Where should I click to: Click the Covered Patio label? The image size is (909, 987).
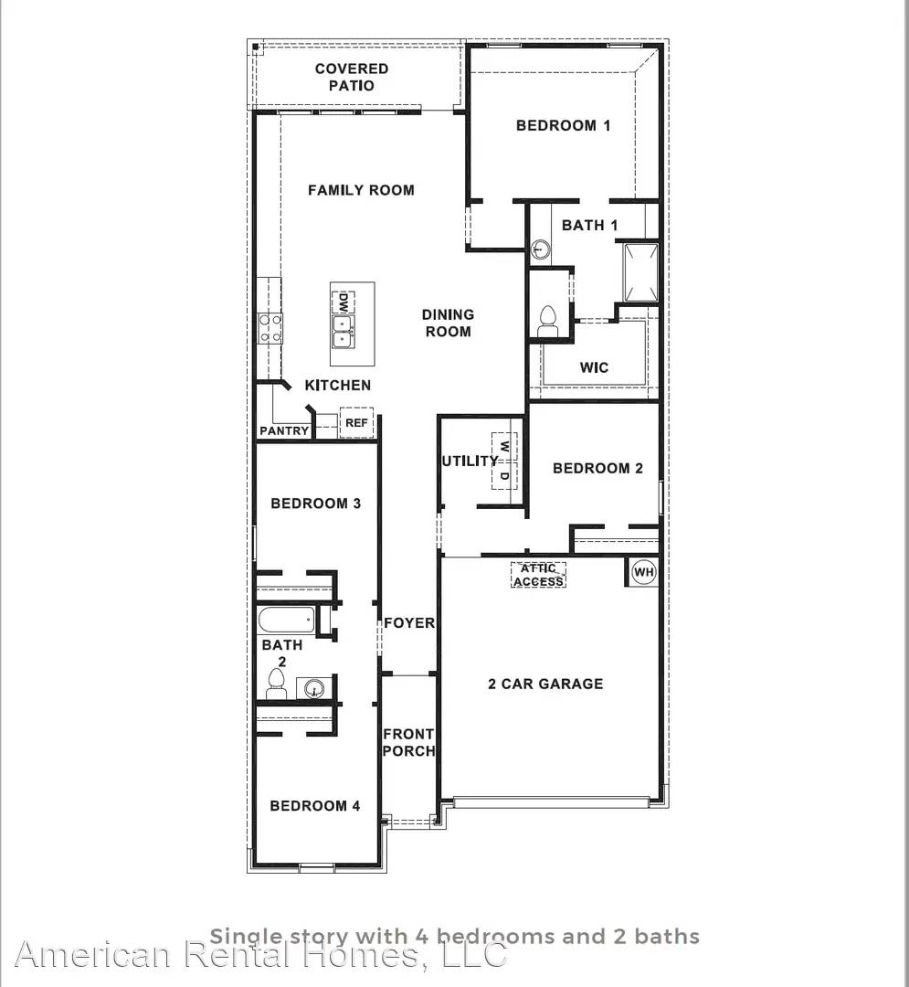tap(352, 77)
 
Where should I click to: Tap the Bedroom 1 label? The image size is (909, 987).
tap(563, 125)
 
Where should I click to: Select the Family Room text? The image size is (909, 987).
tap(361, 190)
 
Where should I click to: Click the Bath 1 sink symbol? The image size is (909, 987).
tap(541, 248)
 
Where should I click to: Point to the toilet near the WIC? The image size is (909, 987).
tap(548, 318)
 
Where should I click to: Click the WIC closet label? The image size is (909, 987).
tap(594, 367)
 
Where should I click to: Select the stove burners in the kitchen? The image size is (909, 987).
tap(270, 327)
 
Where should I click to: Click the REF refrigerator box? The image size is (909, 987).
tap(356, 422)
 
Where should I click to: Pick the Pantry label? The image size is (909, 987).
tap(284, 430)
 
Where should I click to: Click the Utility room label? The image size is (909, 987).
tap(470, 461)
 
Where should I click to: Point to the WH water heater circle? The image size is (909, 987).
tap(644, 572)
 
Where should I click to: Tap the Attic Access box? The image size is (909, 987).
tap(538, 575)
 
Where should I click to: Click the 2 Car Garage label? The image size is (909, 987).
tap(545, 683)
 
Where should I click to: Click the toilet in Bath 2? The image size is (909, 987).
tap(277, 681)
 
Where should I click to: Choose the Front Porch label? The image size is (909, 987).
tap(408, 742)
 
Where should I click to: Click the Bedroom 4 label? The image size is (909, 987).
tap(314, 805)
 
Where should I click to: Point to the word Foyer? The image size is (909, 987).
tap(409, 622)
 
